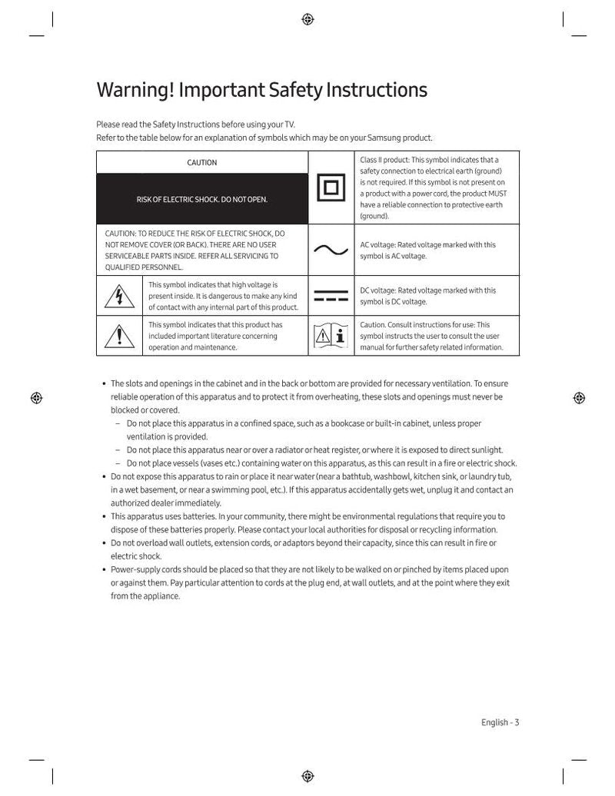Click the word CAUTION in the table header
(201, 162)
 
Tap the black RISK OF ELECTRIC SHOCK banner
(202, 200)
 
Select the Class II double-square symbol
(331, 188)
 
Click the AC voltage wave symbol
(331, 250)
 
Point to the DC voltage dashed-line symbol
(331, 297)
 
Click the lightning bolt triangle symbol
(119, 297)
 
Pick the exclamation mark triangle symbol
(119, 336)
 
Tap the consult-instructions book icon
(331, 336)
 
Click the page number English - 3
(500, 722)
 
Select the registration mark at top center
(307, 20)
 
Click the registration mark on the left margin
(36, 397)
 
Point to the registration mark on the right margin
(579, 397)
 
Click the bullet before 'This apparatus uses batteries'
(104, 517)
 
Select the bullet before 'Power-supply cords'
(104, 570)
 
